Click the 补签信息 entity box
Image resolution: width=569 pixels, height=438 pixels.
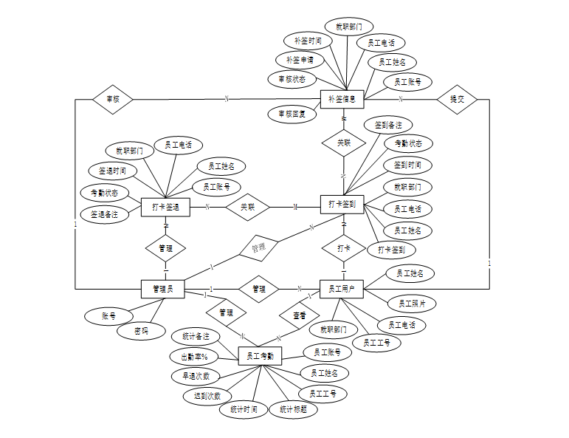point(342,99)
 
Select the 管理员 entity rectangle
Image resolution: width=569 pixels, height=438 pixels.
point(162,289)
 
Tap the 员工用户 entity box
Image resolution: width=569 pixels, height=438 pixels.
point(342,289)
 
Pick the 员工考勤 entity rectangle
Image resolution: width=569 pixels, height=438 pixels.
point(261,355)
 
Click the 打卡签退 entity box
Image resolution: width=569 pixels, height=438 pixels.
point(166,208)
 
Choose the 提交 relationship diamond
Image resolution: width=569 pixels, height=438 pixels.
point(457,99)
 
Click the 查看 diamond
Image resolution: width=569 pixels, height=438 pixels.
point(299,315)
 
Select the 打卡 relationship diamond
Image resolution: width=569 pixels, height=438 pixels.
point(344,247)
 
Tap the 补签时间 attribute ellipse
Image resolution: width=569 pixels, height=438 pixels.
point(307,41)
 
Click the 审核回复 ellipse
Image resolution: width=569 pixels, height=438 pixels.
point(292,114)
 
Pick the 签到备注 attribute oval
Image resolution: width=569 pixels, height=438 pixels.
point(388,125)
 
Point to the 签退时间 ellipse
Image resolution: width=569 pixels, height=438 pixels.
point(113,171)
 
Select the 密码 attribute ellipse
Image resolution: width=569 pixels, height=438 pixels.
point(140,331)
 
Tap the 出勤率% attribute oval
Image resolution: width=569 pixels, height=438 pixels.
point(195,357)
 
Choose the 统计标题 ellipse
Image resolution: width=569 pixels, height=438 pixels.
point(293,409)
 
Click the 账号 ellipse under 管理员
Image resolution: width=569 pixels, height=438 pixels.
point(108,316)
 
